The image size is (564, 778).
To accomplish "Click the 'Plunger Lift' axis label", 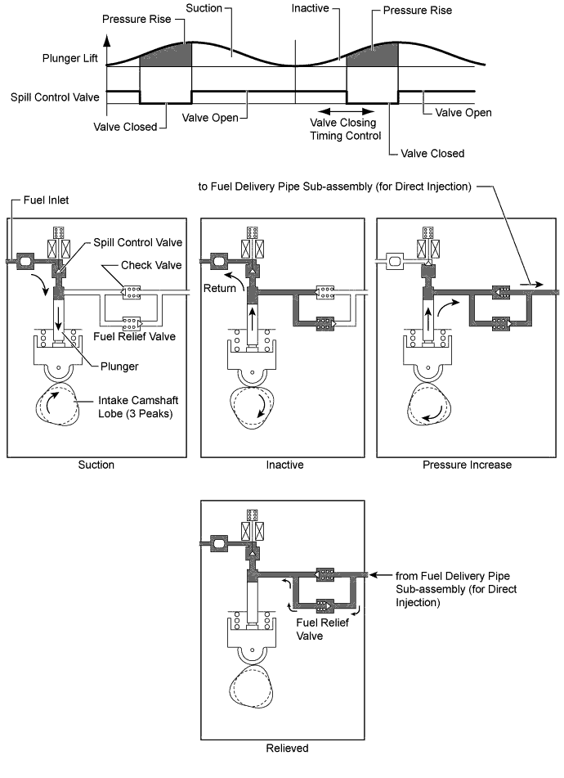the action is coord(69,59).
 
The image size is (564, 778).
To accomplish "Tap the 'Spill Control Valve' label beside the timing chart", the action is coord(55,97).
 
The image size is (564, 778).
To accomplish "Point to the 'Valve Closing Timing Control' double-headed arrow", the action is coord(346,111).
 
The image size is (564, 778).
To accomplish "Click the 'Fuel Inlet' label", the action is coord(46,200).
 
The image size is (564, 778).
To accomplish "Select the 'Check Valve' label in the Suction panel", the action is coord(151,265).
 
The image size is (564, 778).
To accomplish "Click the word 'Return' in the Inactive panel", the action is coord(220,288).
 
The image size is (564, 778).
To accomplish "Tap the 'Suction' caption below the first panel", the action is coord(96,465).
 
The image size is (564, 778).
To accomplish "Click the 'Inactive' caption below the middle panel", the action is coord(285,465).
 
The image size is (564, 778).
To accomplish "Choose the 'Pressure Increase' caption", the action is coord(467,465).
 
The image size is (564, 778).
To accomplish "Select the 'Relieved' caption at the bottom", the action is coord(287,749).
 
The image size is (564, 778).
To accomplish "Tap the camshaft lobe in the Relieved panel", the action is coord(251,687).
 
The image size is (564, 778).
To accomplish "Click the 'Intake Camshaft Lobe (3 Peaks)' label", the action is coord(138,407).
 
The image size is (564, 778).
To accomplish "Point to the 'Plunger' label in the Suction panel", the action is coord(119,367).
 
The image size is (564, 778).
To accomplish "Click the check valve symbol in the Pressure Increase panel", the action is coord(500,293).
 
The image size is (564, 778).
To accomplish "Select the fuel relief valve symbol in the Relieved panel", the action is coord(325,605).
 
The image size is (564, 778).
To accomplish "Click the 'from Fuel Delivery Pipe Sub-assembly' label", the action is coord(456,589).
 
